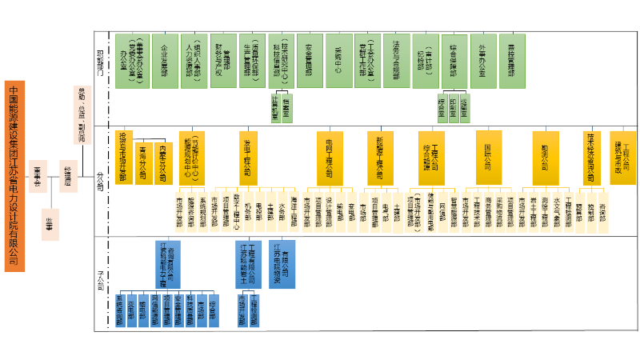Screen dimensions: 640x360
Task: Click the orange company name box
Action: click(15, 175)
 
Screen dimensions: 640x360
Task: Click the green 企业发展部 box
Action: click(164, 60)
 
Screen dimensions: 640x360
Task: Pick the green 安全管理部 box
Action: click(309, 60)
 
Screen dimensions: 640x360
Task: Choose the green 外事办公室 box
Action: click(481, 60)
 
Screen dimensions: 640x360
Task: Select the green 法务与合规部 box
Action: click(395, 60)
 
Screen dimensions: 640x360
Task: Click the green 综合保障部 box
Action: click(453, 60)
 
